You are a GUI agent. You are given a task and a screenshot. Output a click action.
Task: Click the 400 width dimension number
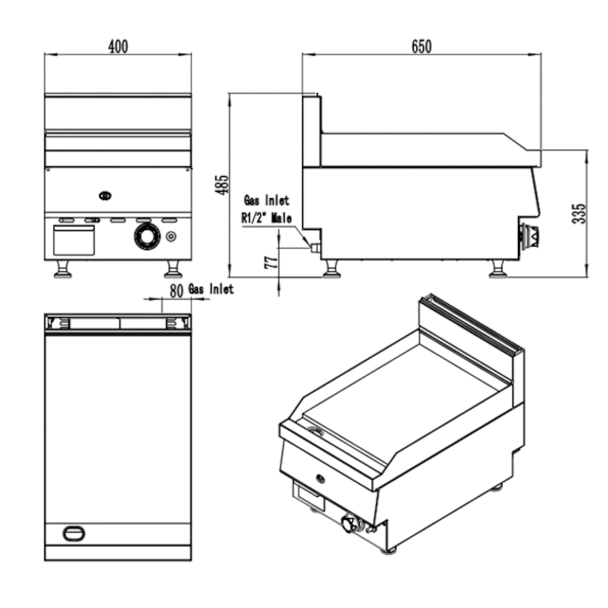click(118, 46)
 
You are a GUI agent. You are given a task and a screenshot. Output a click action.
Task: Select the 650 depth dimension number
click(421, 46)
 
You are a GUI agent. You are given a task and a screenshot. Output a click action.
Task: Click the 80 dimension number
click(176, 291)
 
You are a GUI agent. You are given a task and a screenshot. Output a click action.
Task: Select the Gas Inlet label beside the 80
click(211, 289)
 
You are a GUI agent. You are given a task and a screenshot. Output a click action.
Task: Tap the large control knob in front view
click(146, 237)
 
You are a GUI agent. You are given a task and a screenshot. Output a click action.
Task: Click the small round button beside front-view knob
click(172, 236)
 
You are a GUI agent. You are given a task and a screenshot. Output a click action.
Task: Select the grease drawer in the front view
click(74, 240)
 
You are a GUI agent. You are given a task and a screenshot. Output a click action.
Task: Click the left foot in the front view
click(63, 269)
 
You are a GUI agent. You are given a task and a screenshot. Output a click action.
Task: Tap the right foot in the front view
click(173, 269)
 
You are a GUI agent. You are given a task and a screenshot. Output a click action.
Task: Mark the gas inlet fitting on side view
click(314, 247)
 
